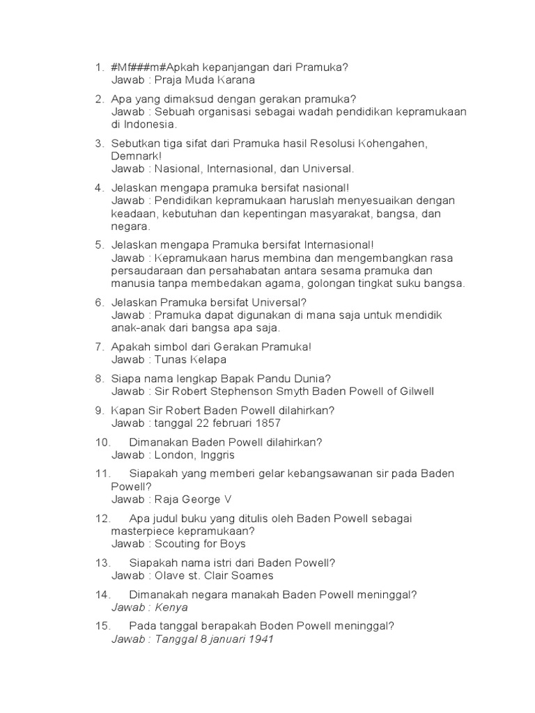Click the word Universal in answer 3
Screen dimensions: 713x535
(x=329, y=169)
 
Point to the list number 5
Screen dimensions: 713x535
(x=99, y=245)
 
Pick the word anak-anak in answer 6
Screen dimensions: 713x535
(x=135, y=328)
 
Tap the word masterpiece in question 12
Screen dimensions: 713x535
(x=140, y=531)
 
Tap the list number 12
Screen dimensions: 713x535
(x=102, y=519)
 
